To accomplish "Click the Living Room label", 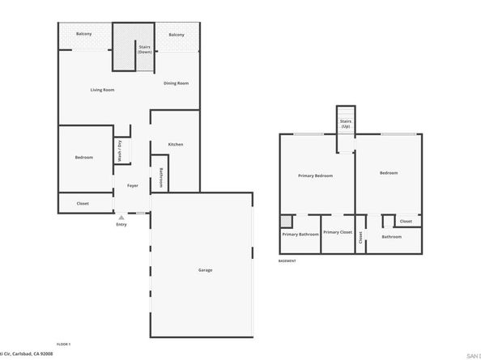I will point(101,89).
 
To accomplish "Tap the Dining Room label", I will point(176,83).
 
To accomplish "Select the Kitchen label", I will point(176,145).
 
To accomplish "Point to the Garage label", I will point(205,269).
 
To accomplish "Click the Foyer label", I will point(132,185).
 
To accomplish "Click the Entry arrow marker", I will point(121,218).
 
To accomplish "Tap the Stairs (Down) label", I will point(145,49).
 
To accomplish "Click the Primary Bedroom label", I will point(315,176).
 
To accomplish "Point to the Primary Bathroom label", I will point(300,235).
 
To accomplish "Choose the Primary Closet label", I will point(338,232).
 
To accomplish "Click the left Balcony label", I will point(83,34).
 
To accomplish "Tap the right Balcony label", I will point(177,35).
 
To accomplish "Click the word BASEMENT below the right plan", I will point(287,261).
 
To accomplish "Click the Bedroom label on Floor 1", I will point(84,157).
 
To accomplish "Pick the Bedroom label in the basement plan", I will point(389,172).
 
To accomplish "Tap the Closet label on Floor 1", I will point(83,203).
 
